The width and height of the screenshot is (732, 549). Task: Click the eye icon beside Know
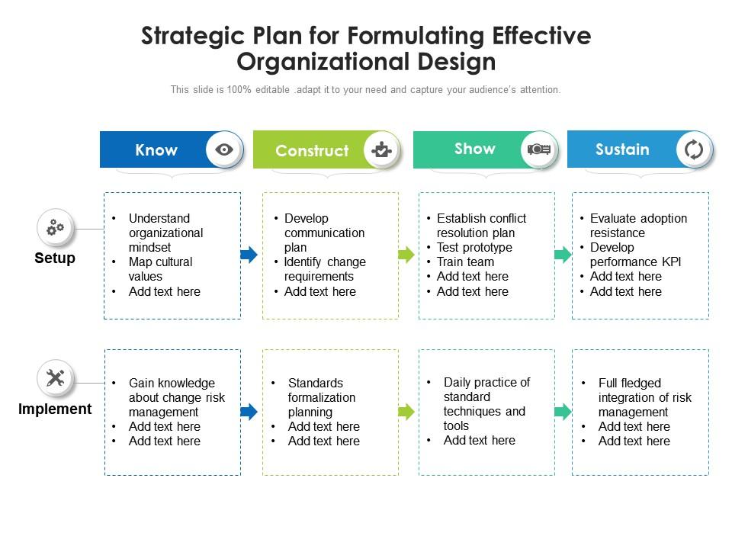[x=224, y=149]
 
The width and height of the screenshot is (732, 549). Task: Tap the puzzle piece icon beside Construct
[x=381, y=149]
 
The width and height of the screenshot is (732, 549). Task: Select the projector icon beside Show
[x=539, y=149]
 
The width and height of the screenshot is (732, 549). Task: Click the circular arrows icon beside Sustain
[x=694, y=149]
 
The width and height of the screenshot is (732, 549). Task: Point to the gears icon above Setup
[x=56, y=227]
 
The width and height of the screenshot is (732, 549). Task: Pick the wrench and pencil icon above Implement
[x=56, y=378]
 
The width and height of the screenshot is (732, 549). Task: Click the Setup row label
[x=55, y=258]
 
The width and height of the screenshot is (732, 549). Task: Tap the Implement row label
[x=55, y=409]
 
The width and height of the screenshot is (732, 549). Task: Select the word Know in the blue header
[x=156, y=150]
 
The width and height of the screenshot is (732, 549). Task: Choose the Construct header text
[x=312, y=151]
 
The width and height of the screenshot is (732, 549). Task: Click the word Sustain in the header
[x=622, y=149]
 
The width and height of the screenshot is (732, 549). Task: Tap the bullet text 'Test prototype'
[x=474, y=247]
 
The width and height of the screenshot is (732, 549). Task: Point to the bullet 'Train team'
[x=465, y=262]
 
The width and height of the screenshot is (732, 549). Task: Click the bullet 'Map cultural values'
[x=160, y=269]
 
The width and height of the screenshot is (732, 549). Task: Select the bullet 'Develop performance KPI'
[x=635, y=255]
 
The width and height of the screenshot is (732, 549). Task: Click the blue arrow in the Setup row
[x=249, y=255]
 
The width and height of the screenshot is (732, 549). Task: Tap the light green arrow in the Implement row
[x=406, y=412]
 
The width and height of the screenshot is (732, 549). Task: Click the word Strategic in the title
[x=193, y=37]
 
